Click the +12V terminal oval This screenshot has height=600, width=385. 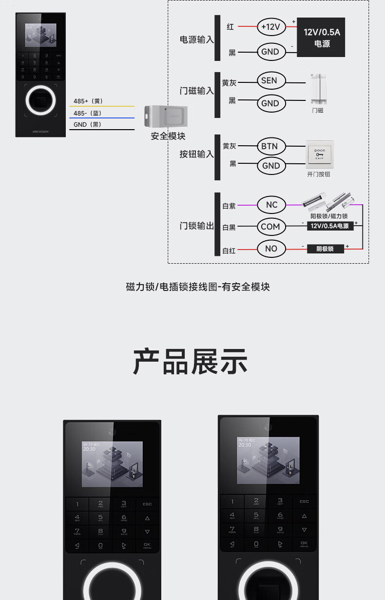tap(271, 27)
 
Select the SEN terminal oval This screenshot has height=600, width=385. tap(269, 80)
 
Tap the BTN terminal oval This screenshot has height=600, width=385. tap(269, 146)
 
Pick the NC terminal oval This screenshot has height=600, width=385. tap(271, 205)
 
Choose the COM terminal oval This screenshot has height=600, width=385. tap(270, 227)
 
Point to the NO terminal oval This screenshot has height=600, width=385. tap(271, 249)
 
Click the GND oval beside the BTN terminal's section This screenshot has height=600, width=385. tap(271, 166)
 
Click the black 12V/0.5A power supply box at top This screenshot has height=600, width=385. tap(322, 38)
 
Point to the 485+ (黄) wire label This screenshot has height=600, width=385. tap(88, 101)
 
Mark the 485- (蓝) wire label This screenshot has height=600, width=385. tap(88, 113)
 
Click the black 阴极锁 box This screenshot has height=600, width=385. tap(325, 249)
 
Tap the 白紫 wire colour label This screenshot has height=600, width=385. tap(229, 206)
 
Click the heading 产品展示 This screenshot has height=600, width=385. tap(190, 362)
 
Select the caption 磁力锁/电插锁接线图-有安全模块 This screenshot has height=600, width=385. tap(197, 287)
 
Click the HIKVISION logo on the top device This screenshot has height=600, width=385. tap(40, 131)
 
